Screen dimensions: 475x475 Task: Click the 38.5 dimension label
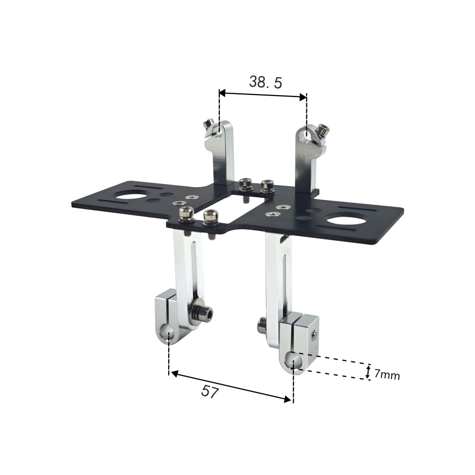point(266,82)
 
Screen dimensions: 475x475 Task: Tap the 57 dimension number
point(210,392)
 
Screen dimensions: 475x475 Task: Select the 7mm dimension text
point(387,375)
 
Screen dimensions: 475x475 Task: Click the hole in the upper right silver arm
point(307,136)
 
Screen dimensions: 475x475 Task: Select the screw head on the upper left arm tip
point(208,125)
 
